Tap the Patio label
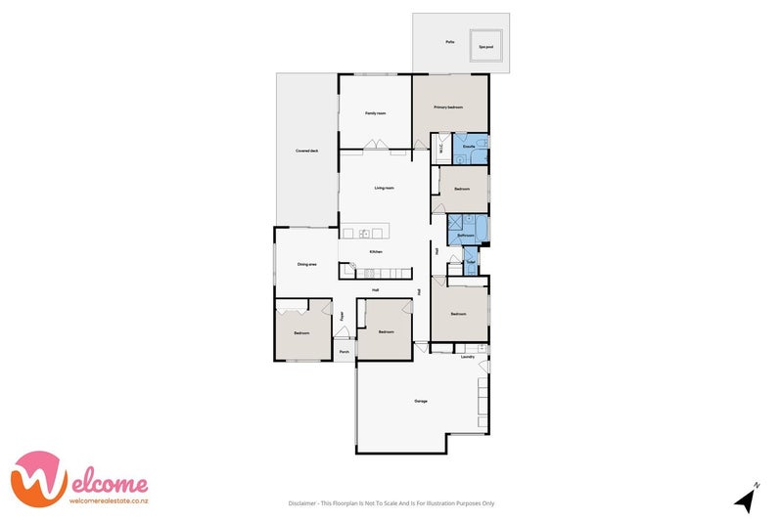(449, 42)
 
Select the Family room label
(375, 113)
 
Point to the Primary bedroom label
(448, 107)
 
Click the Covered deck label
(307, 151)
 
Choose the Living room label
(384, 188)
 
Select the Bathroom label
(466, 236)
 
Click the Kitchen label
(375, 252)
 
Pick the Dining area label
(307, 264)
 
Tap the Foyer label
(342, 316)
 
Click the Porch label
(344, 352)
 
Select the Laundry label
(468, 357)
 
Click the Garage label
(421, 402)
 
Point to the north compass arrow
(747, 499)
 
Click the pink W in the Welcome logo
(39, 479)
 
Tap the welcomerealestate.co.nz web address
(108, 500)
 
